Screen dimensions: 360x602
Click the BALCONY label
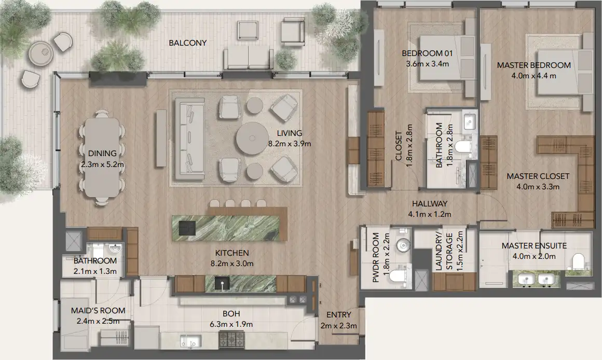click(x=187, y=43)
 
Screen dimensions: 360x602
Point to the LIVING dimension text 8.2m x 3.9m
click(x=289, y=144)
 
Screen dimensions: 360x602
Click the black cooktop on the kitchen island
click(x=187, y=228)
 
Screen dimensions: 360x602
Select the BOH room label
click(x=231, y=314)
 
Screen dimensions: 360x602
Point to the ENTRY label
click(x=338, y=315)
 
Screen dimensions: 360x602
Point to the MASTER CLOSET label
click(x=538, y=176)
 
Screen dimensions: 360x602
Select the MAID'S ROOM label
click(x=98, y=311)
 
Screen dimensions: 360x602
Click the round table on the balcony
click(x=40, y=52)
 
